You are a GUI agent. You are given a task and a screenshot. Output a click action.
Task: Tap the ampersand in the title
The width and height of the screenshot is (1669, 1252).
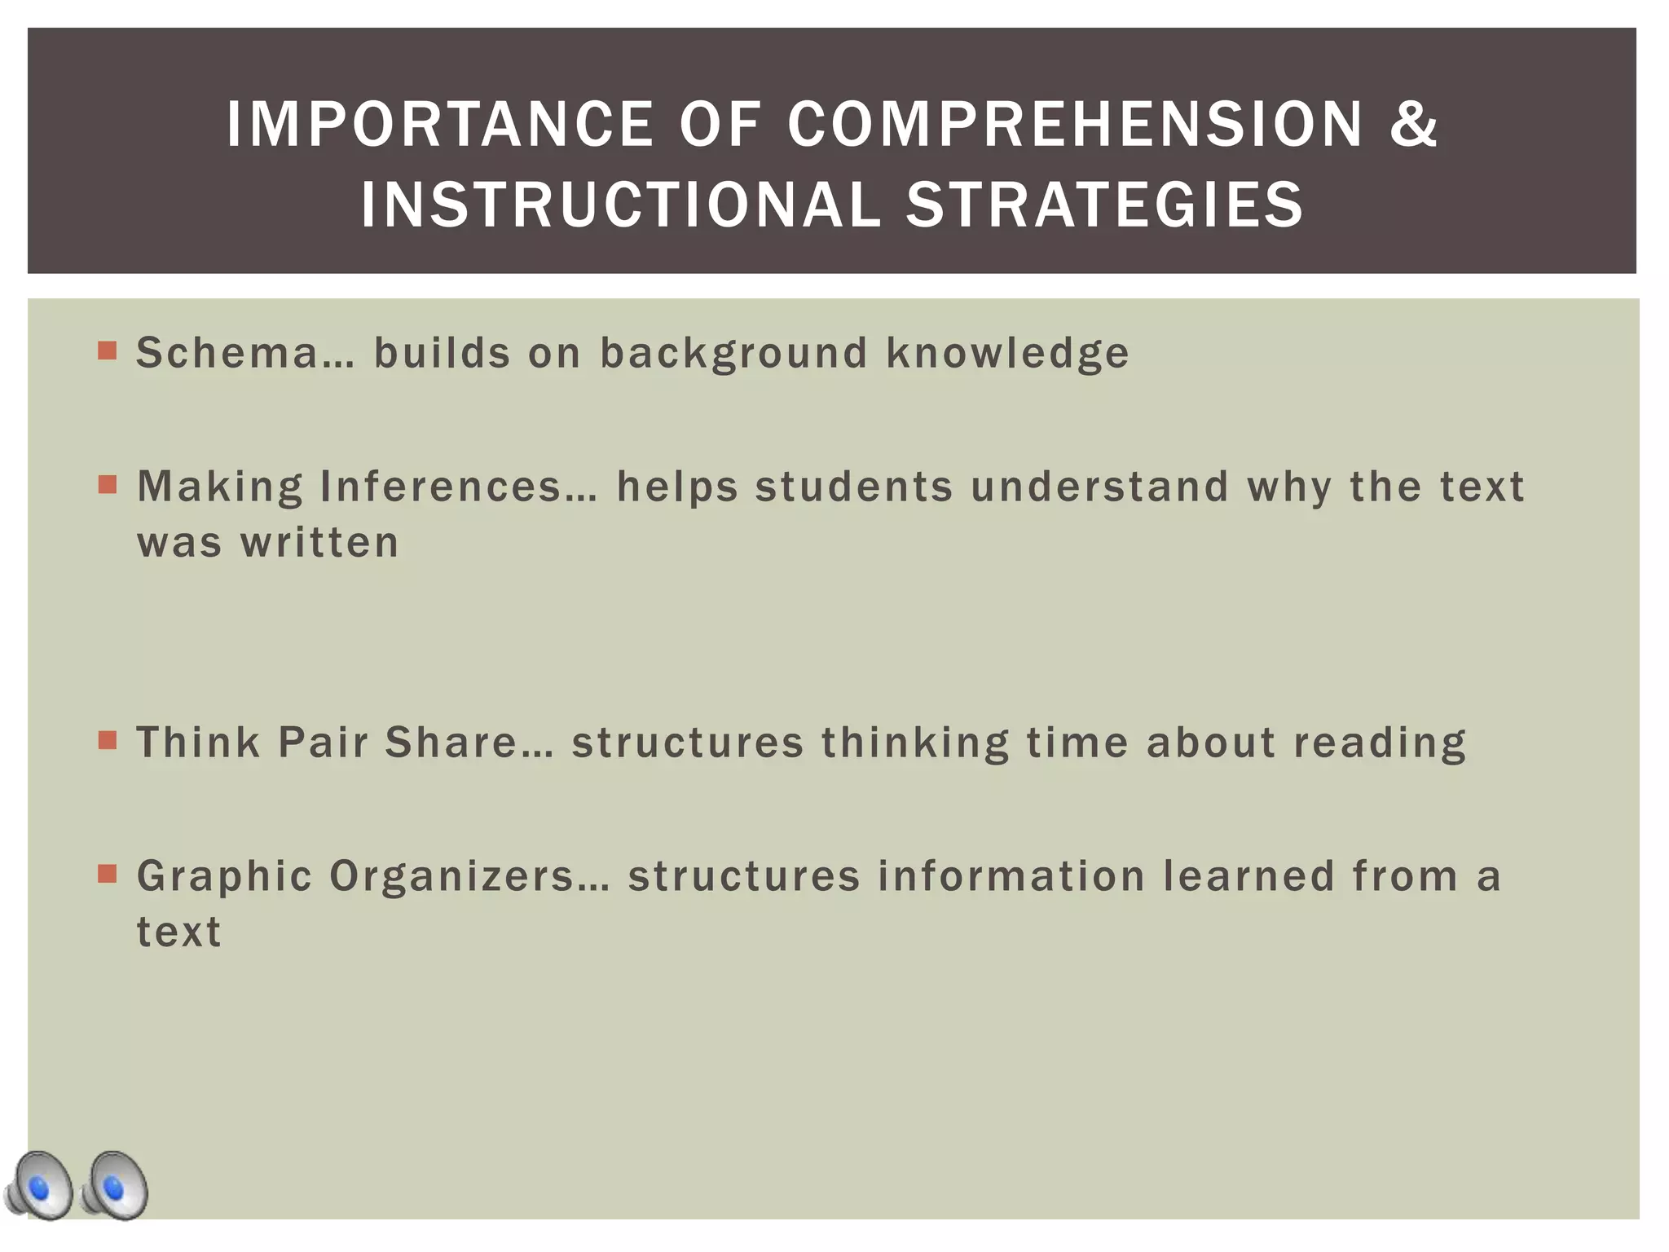click(1414, 125)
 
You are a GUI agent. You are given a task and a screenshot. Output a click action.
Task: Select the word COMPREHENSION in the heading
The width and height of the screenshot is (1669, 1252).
click(1076, 125)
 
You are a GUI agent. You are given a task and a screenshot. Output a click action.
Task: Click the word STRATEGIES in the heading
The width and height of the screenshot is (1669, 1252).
click(1105, 204)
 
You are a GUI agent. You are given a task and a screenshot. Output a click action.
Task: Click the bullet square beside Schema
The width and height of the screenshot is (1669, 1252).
click(107, 350)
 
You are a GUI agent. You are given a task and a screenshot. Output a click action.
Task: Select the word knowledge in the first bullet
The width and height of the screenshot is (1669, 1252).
click(1007, 353)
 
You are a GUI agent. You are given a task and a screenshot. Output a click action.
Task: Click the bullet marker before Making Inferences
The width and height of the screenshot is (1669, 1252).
click(107, 485)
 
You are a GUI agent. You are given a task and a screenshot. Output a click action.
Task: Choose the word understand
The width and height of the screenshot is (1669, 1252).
click(1099, 487)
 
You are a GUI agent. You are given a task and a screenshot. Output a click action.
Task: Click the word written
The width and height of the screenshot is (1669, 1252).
click(319, 543)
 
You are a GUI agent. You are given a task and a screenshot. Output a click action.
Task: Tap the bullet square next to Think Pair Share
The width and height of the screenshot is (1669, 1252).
click(107, 740)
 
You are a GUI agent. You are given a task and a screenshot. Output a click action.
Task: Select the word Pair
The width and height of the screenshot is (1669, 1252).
click(324, 743)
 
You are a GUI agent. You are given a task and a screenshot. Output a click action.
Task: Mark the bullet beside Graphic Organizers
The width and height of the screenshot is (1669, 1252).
click(107, 874)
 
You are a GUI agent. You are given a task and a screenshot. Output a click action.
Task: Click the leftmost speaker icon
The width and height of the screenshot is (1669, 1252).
click(39, 1186)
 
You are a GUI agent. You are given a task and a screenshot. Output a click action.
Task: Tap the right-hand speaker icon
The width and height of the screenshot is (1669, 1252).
click(115, 1186)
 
